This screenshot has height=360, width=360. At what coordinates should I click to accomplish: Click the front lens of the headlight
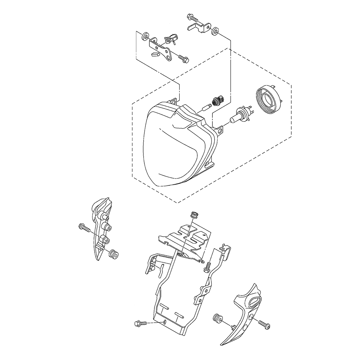169,151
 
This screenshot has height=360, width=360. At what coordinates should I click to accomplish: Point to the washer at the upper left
145,36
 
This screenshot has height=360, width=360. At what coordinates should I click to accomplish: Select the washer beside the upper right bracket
215,31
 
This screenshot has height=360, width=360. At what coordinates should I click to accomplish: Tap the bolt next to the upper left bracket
183,57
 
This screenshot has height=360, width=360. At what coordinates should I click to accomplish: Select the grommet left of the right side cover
217,318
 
